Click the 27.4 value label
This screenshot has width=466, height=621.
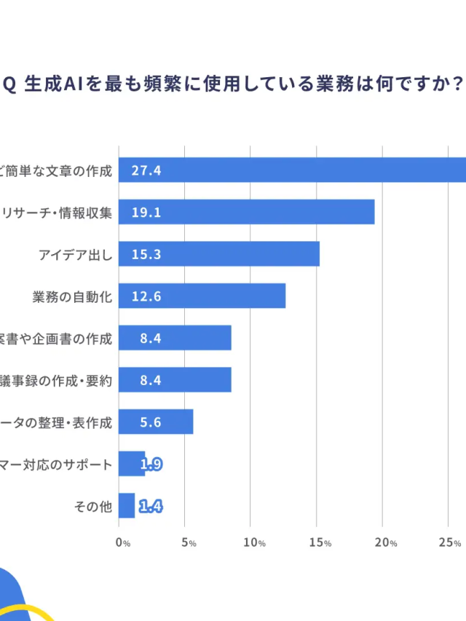click(x=146, y=171)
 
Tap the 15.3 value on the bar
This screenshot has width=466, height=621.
click(x=146, y=254)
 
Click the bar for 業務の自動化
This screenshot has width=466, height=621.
click(x=202, y=296)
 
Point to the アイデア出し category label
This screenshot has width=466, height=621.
click(x=76, y=254)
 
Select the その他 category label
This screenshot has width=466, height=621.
click(x=93, y=507)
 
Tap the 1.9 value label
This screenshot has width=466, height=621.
click(x=151, y=464)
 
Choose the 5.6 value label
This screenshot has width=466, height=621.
click(x=146, y=422)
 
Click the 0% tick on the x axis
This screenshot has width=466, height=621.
click(x=123, y=542)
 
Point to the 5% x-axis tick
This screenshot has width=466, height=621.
click(x=189, y=542)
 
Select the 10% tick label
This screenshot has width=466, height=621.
click(x=254, y=542)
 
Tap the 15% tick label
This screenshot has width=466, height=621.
click(x=320, y=542)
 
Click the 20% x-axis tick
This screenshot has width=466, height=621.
click(x=386, y=542)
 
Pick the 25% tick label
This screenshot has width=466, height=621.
click(x=451, y=542)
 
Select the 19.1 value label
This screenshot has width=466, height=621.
click(x=146, y=212)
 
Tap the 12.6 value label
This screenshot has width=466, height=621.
click(x=146, y=296)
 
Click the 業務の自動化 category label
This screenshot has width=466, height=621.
click(x=72, y=296)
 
